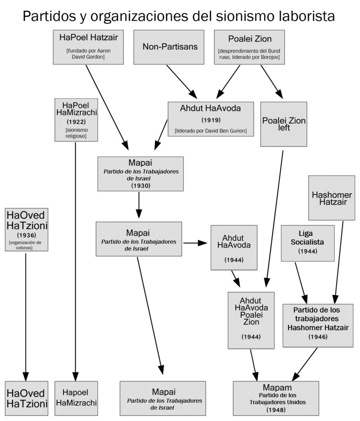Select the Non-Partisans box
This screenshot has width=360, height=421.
pyautogui.click(x=169, y=47)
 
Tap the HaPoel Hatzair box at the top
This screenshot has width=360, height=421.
pyautogui.click(x=88, y=47)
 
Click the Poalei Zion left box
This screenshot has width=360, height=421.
pyautogui.click(x=284, y=124)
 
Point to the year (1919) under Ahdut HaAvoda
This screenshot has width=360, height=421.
pyautogui.click(x=211, y=120)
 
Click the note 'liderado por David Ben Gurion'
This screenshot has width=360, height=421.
pyautogui.click(x=211, y=131)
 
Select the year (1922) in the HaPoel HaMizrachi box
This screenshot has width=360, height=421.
pyautogui.click(x=76, y=122)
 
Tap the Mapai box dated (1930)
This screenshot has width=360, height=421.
pyautogui.click(x=141, y=174)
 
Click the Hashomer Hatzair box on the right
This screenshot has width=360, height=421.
pyautogui.click(x=332, y=198)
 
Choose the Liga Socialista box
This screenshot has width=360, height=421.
pyautogui.click(x=308, y=243)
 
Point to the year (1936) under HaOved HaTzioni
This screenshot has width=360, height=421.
pyautogui.click(x=27, y=235)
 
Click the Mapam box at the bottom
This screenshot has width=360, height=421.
pyautogui.click(x=276, y=398)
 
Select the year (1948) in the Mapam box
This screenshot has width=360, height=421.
pyautogui.click(x=276, y=410)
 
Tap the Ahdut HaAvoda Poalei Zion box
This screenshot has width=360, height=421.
pyautogui.click(x=251, y=320)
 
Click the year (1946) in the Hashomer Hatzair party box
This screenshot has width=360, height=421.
pyautogui.click(x=318, y=337)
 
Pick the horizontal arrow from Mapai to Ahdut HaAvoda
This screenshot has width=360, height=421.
pyautogui.click(x=195, y=243)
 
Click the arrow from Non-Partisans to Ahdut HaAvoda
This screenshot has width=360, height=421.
pyautogui.click(x=182, y=82)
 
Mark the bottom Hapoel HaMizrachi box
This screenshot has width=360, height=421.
pyautogui.click(x=76, y=398)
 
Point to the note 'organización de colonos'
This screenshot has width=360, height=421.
pyautogui.click(x=25, y=245)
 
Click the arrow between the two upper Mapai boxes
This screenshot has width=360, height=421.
pyautogui.click(x=139, y=205)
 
